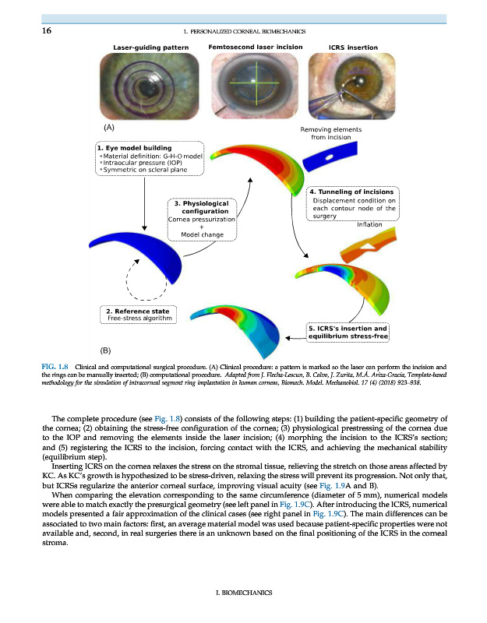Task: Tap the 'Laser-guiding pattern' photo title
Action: pyautogui.click(x=149, y=48)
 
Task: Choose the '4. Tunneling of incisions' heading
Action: pyautogui.click(x=352, y=192)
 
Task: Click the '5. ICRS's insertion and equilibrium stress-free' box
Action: pyautogui.click(x=348, y=333)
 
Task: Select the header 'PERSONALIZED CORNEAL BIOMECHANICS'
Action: pyautogui.click(x=247, y=31)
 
